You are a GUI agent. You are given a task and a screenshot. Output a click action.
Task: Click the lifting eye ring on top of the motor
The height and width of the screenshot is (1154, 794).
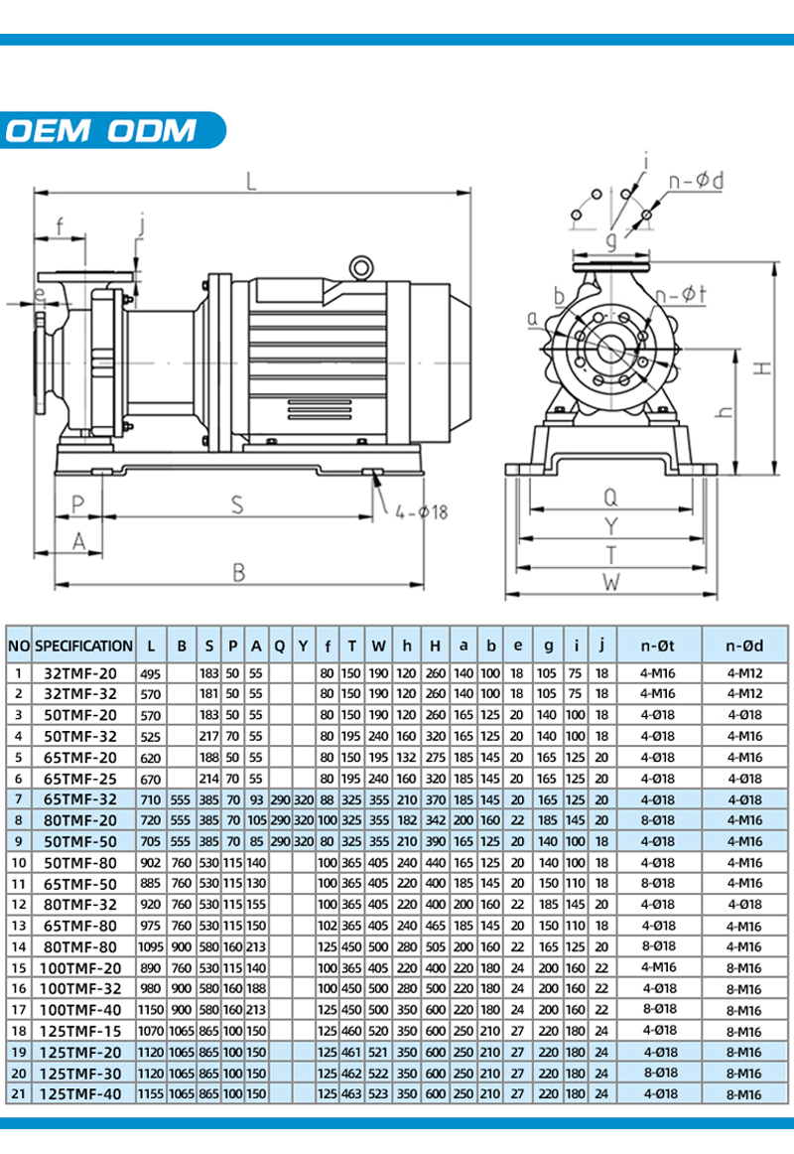(x=361, y=266)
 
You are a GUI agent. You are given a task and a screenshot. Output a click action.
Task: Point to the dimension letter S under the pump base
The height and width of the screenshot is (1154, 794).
(x=238, y=505)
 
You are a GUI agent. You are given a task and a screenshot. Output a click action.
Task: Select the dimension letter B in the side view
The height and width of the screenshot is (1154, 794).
(x=238, y=573)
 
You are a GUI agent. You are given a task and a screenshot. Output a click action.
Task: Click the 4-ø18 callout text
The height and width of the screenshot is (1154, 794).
(x=421, y=512)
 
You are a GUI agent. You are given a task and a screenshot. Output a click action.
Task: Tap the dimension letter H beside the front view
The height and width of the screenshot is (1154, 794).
(x=761, y=367)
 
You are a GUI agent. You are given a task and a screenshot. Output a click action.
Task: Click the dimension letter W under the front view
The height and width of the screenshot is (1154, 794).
(x=611, y=582)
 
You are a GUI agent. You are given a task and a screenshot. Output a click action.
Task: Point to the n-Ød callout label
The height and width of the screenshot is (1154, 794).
(x=696, y=181)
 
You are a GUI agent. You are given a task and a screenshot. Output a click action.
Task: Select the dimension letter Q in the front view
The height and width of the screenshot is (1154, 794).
(x=611, y=497)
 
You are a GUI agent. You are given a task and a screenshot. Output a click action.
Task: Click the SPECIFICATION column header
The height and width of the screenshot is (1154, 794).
(x=83, y=646)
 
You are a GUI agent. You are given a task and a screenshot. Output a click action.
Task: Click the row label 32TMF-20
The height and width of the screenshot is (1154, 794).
(x=83, y=672)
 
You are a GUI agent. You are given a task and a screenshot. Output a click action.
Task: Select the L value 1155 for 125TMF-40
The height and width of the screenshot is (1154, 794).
(x=150, y=1093)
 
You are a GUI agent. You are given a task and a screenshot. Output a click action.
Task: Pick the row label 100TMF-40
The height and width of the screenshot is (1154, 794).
(x=83, y=1010)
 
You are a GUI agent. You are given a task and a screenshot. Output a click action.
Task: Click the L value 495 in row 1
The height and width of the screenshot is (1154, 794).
(x=150, y=672)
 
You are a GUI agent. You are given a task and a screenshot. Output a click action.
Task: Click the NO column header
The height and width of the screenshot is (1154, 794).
(x=18, y=646)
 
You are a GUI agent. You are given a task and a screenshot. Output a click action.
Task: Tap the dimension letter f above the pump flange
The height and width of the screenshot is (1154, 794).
(x=61, y=226)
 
